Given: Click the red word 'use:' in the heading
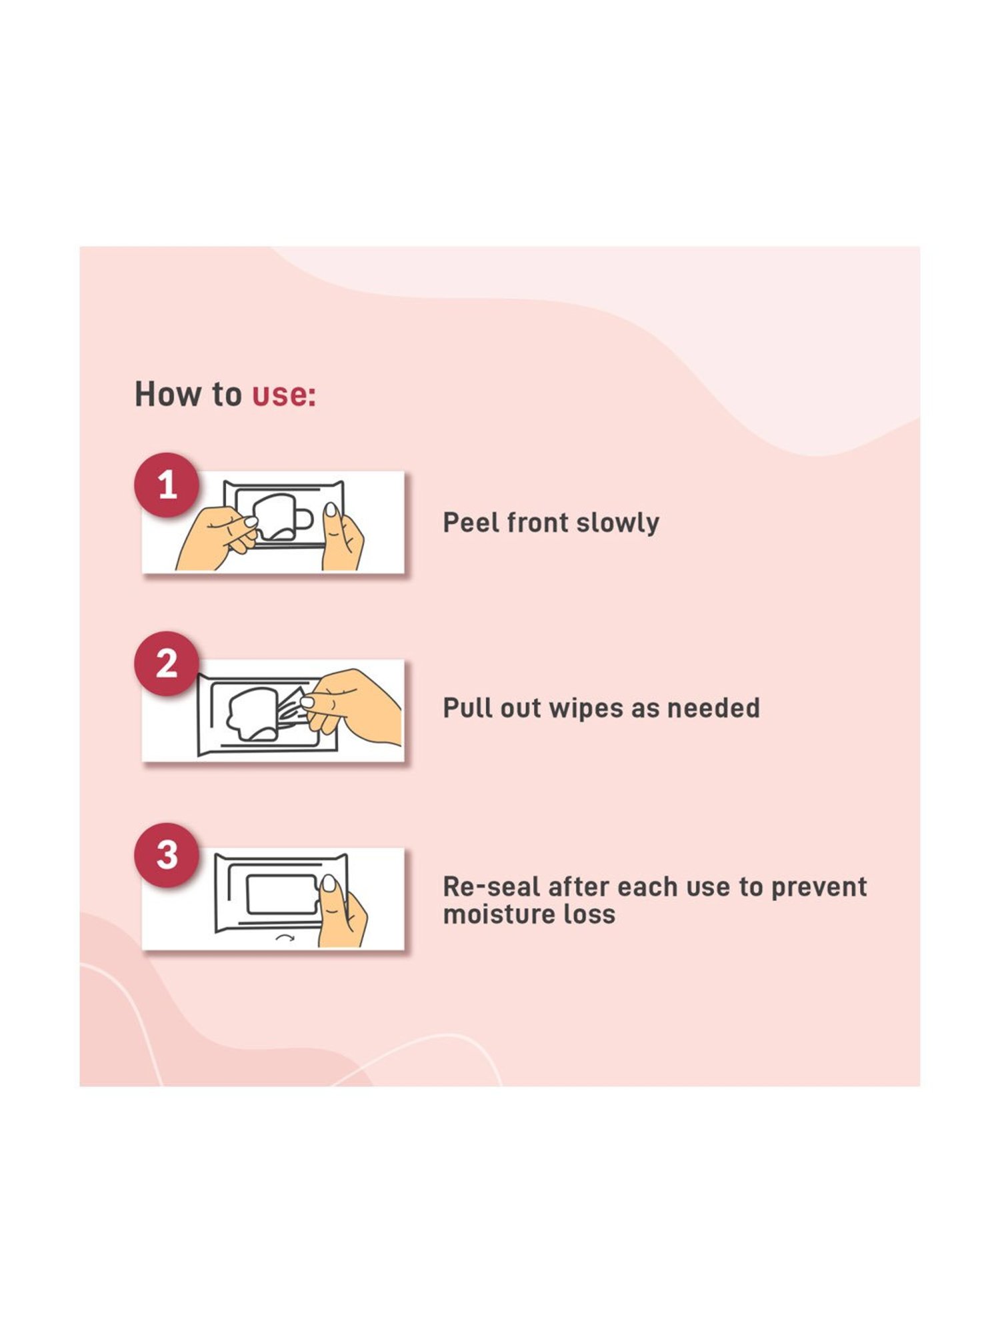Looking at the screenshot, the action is click(284, 395).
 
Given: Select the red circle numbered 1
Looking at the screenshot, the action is click(167, 485).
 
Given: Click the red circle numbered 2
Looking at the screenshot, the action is click(167, 664).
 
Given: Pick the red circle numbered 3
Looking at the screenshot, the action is click(167, 855).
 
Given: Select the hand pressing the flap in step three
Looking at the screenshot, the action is click(341, 912).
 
